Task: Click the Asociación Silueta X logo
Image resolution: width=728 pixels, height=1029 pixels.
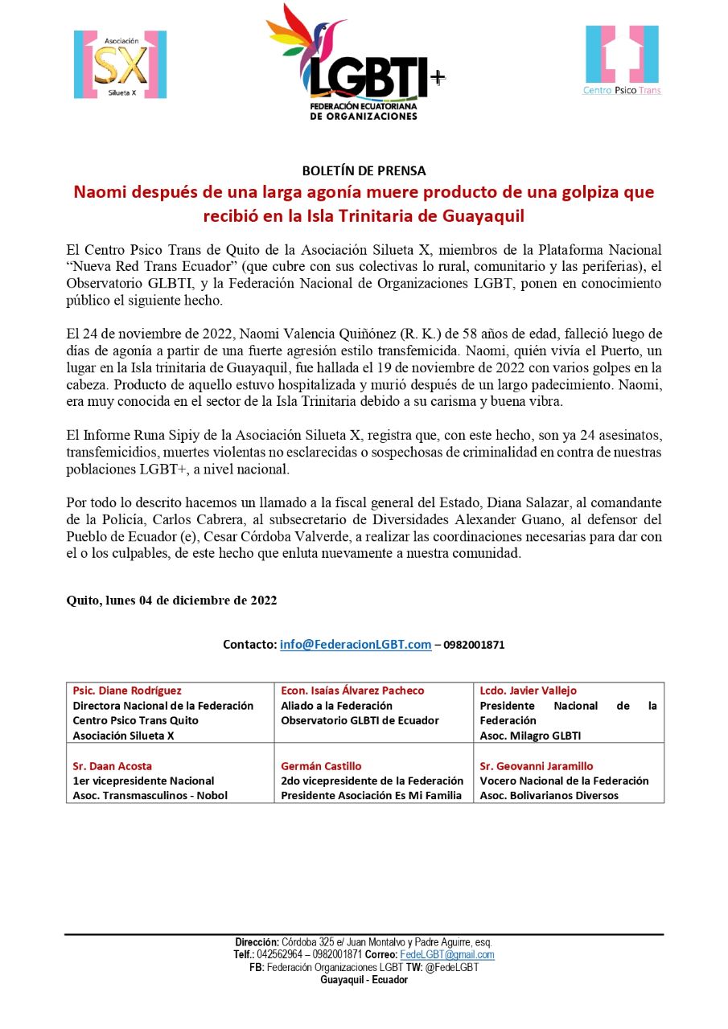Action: [120, 64]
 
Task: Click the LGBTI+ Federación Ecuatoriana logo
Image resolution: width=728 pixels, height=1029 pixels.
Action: [356, 63]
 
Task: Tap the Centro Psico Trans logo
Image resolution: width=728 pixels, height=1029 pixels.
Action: [622, 60]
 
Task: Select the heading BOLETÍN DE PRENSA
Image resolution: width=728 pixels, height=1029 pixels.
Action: [364, 170]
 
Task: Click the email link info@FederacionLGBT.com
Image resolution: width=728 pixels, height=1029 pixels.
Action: [356, 645]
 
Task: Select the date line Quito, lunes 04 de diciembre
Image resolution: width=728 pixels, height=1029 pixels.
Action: [171, 601]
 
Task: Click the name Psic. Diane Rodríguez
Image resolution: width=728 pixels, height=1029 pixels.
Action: [127, 691]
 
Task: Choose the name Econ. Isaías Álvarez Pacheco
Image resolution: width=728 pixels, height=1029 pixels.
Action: [352, 691]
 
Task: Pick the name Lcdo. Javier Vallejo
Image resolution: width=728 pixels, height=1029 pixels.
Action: [528, 691]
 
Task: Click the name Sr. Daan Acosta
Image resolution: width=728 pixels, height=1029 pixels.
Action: [112, 766]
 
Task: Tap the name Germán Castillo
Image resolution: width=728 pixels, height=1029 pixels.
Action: [321, 766]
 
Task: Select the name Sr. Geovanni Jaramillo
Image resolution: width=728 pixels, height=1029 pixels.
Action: [537, 766]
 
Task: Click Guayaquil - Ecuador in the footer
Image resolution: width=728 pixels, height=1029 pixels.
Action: [364, 980]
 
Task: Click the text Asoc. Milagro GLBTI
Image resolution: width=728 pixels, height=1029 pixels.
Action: [530, 736]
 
